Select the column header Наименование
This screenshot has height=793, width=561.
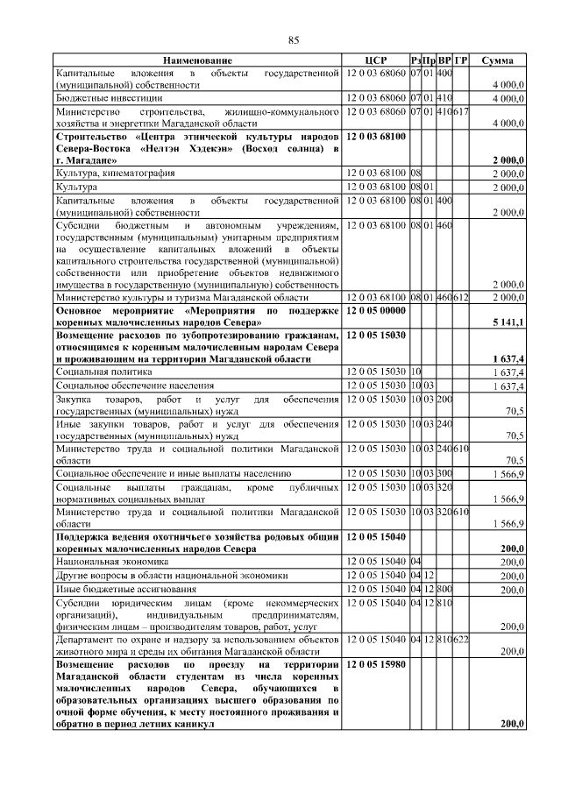coord(197,60)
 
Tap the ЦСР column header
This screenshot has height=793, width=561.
coord(376,60)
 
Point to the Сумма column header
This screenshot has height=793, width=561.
coord(502,60)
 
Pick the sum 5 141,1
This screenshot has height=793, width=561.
coord(508,322)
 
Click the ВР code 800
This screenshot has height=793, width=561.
coord(444,590)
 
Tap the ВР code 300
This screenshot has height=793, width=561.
coord(444,473)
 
